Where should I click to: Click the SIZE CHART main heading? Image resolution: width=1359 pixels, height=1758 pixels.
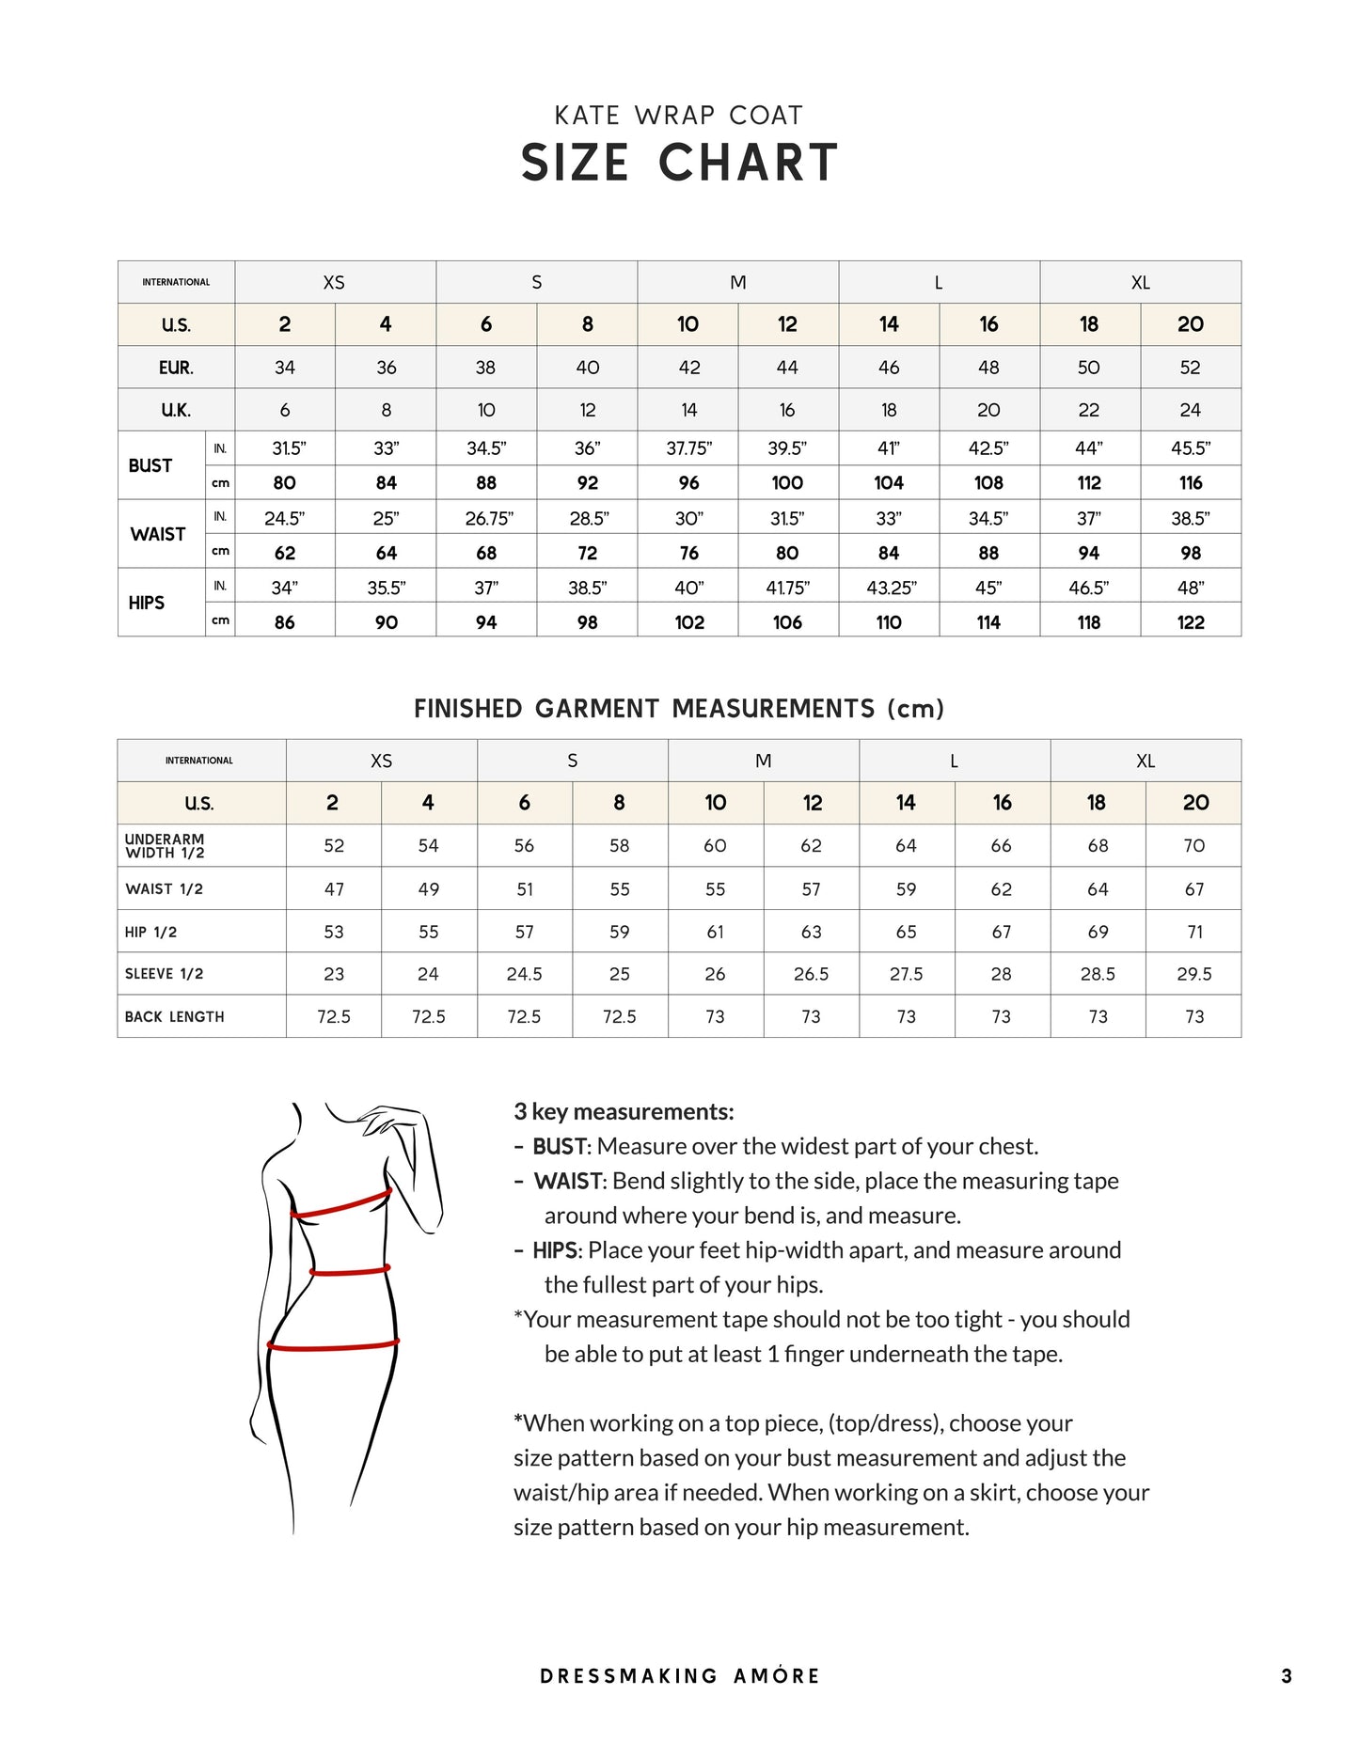679,163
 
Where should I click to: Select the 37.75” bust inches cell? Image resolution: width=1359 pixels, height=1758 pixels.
688,448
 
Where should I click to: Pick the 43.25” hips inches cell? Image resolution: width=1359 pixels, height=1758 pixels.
890,588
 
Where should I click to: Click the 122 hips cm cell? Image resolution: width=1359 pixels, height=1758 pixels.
1191,622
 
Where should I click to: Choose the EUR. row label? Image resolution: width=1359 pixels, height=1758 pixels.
176,368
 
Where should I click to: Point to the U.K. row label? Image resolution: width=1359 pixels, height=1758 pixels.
176,410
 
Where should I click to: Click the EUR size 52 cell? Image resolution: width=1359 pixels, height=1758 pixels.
1191,368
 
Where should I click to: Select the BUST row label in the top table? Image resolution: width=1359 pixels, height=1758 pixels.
150,465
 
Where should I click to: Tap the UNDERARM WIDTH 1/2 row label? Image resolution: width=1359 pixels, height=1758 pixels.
165,846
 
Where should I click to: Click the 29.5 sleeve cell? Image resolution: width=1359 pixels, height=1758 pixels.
1193,974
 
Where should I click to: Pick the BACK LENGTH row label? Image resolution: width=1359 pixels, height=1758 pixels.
174,1017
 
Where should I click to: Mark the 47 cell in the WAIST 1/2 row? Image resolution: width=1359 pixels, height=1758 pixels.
334,889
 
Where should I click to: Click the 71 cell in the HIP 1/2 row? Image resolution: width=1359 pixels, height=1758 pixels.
1194,932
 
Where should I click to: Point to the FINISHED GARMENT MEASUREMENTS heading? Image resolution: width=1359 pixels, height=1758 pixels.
679,709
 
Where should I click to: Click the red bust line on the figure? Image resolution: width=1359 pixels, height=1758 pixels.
340,1205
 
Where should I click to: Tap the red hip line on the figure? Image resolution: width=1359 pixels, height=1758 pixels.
334,1346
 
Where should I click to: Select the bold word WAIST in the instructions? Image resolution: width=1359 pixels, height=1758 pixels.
569,1182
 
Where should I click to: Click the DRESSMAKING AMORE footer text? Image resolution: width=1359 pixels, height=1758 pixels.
680,1676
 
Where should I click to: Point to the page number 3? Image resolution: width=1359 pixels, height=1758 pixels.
1287,1676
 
